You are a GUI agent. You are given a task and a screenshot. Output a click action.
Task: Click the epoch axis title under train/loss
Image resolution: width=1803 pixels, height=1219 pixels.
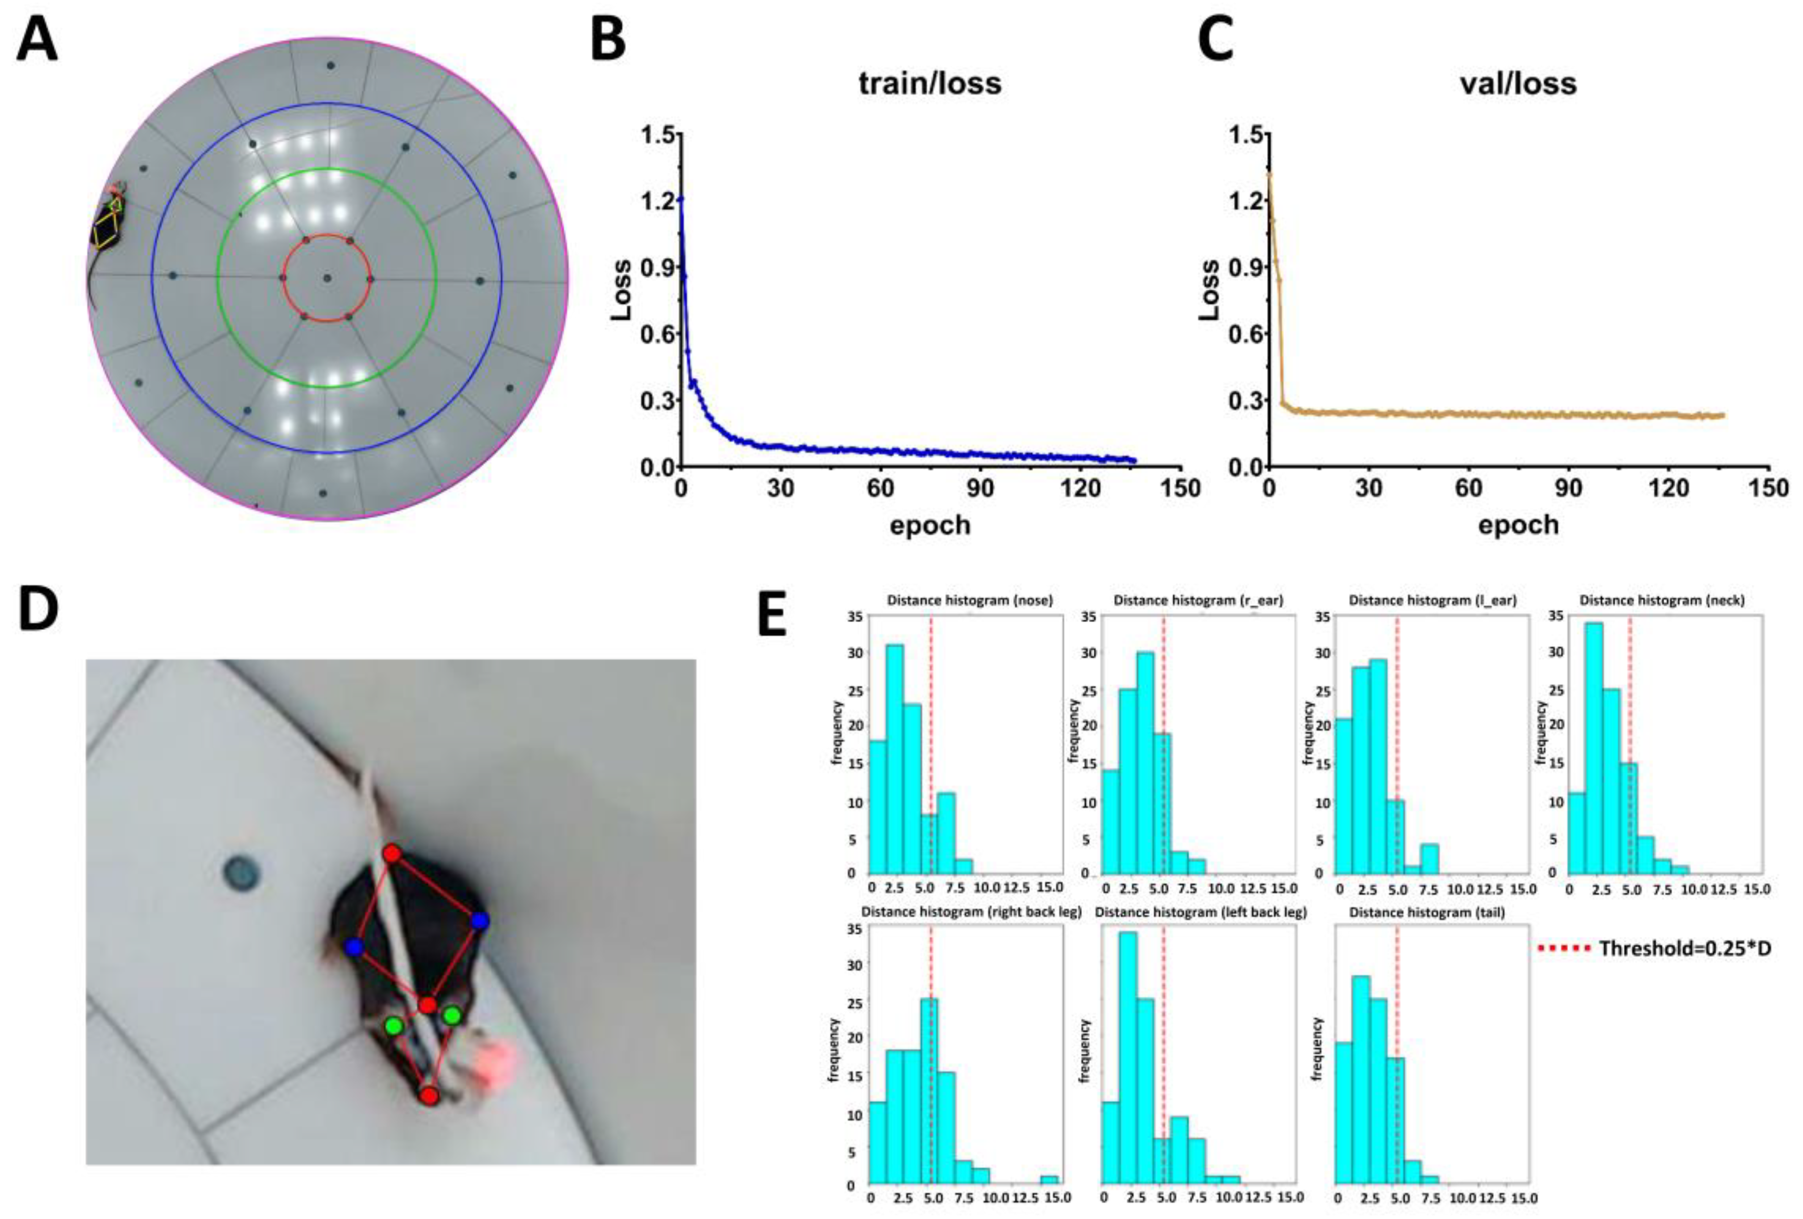pyautogui.click(x=930, y=525)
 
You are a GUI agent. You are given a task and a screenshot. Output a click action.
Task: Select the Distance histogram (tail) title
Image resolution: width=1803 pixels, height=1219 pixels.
pyautogui.click(x=1427, y=913)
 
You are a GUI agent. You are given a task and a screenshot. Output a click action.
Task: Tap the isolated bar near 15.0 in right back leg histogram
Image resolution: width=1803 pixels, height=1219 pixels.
pyautogui.click(x=1049, y=1180)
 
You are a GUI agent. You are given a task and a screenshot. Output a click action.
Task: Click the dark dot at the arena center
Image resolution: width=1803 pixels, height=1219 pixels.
pyautogui.click(x=327, y=278)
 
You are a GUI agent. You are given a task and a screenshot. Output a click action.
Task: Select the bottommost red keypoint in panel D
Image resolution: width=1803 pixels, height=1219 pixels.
pyautogui.click(x=429, y=1096)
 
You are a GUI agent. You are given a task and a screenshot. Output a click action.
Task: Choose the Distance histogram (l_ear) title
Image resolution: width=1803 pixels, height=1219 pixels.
pyautogui.click(x=1432, y=601)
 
